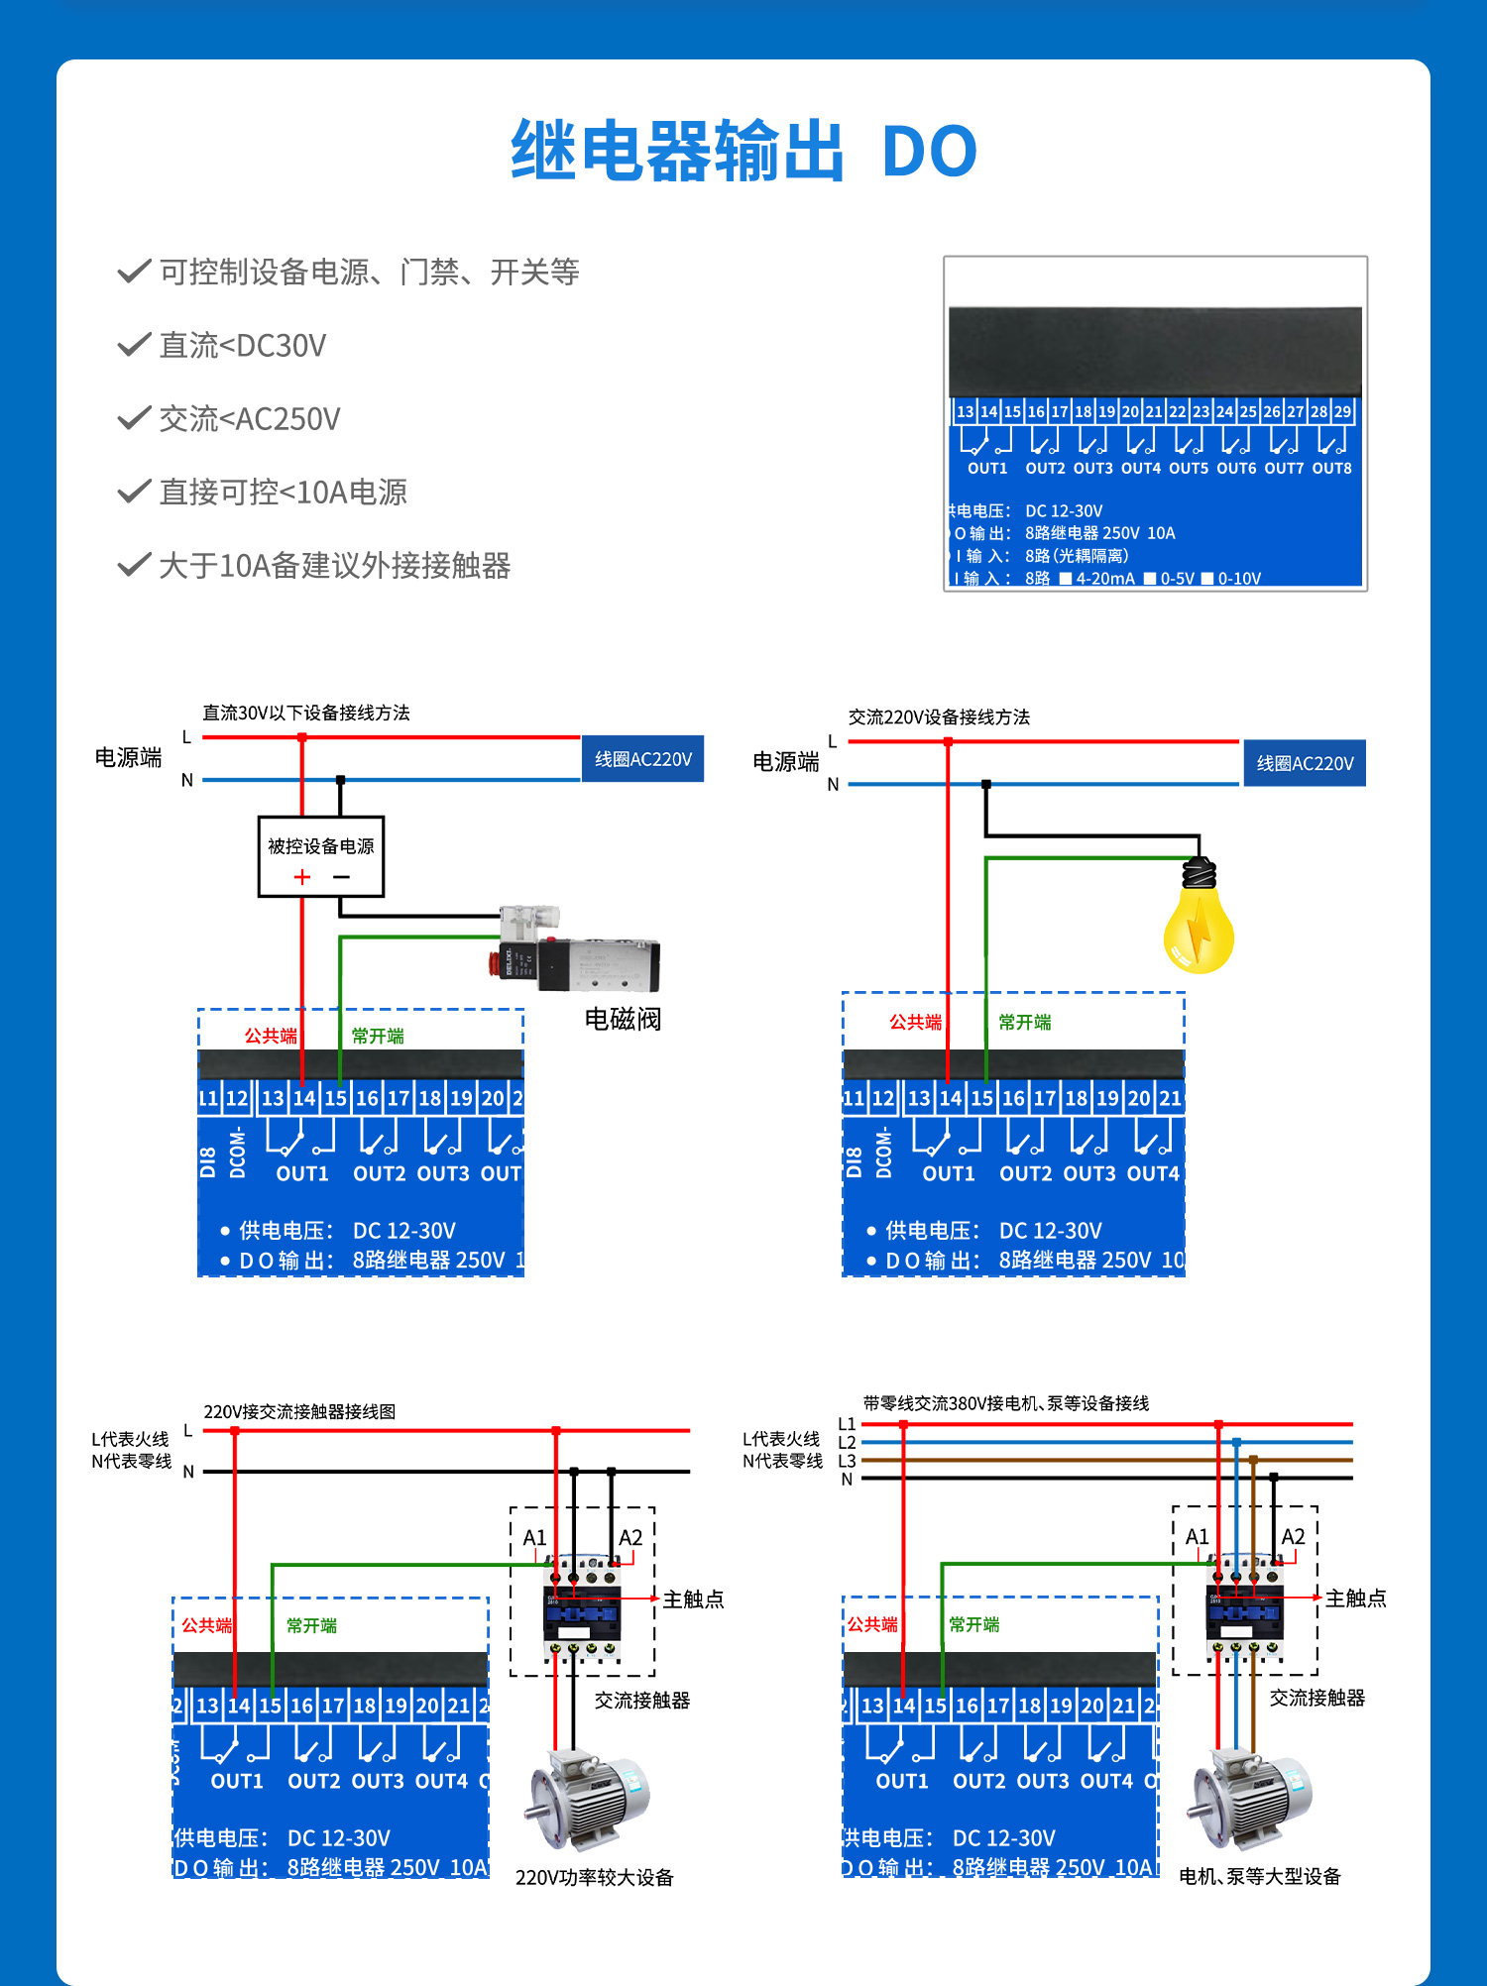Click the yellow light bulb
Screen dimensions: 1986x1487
(1199, 922)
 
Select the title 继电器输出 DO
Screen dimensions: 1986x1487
(743, 152)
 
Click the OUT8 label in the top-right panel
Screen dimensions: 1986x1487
(1331, 469)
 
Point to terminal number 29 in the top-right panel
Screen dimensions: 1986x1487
(1342, 411)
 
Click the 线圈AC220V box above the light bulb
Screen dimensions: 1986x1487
(1305, 763)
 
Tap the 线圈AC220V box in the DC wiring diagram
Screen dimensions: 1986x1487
(642, 759)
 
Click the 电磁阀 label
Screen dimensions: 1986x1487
(623, 1019)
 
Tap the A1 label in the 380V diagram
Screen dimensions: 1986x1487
(1198, 1537)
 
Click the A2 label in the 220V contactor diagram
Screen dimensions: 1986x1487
(630, 1538)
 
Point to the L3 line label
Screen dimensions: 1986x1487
(847, 1461)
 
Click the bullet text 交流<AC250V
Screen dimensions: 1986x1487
(250, 419)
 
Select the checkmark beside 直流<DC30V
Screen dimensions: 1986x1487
(134, 345)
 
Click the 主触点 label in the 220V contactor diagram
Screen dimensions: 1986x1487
(693, 1600)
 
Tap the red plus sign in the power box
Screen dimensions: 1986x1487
(302, 877)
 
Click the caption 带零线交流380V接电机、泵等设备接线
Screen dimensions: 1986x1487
(1005, 1403)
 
